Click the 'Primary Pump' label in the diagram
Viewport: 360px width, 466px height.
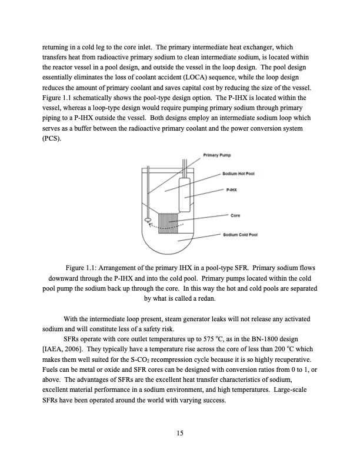pyautogui.click(x=216, y=155)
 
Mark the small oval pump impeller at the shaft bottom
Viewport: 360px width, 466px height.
pyautogui.click(x=148, y=221)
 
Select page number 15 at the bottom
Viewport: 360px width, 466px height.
pyautogui.click(x=180, y=434)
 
